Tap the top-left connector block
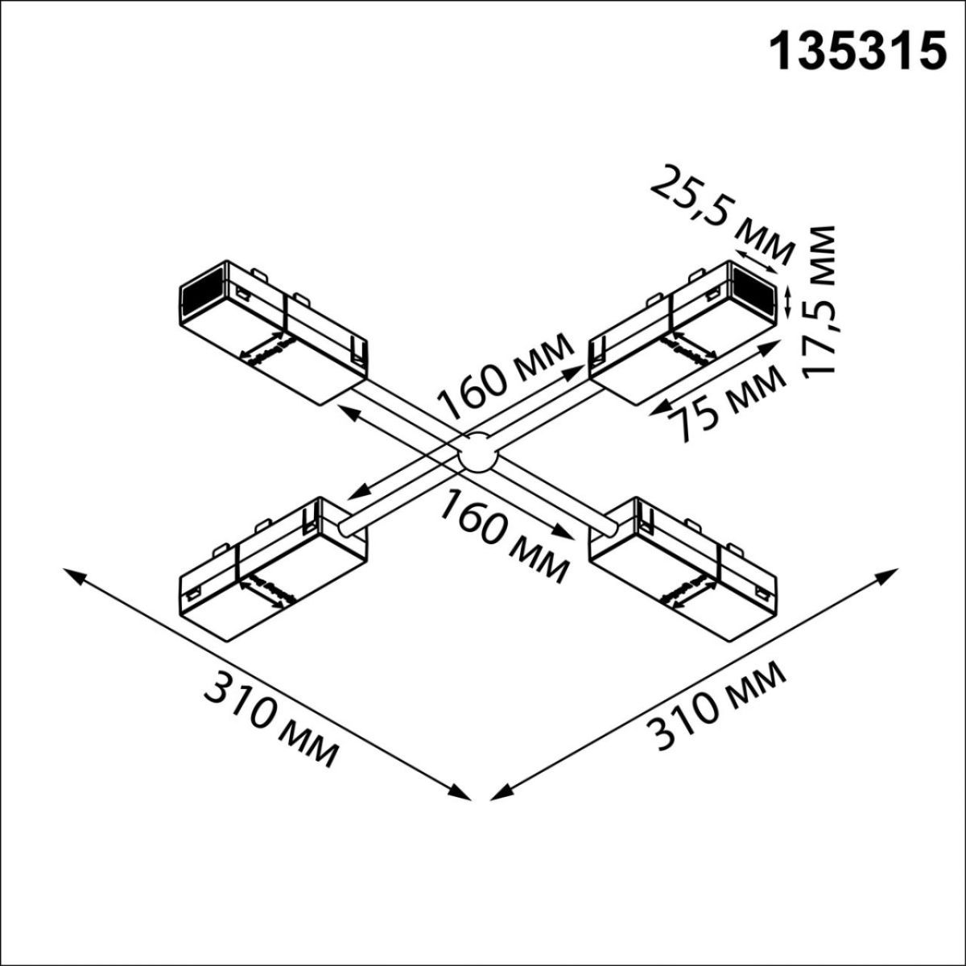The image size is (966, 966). coord(274,330)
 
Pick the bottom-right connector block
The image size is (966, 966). coord(684,568)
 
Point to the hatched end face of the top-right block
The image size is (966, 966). coord(755,287)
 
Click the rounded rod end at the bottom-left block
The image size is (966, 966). coord(347,527)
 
